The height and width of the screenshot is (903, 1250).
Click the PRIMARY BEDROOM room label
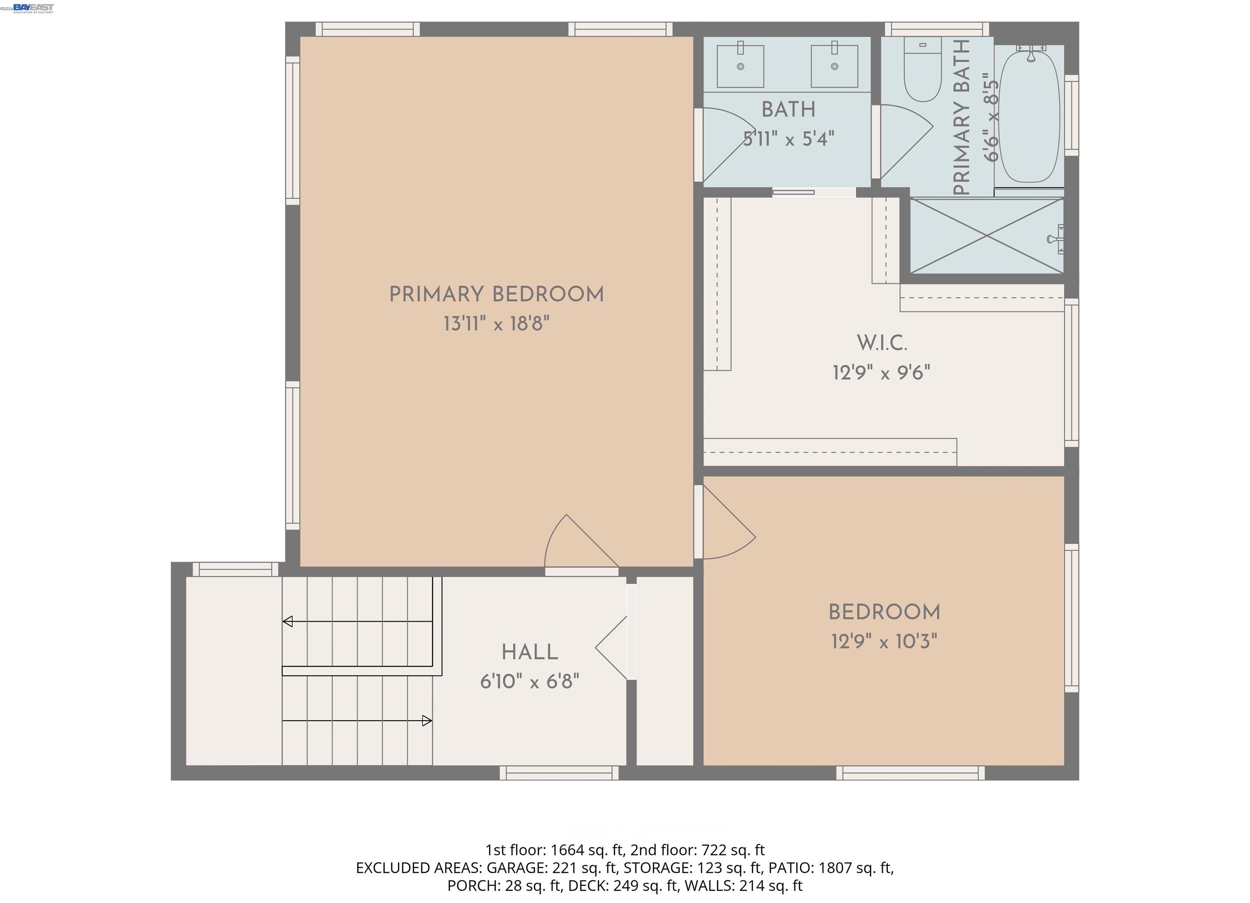click(496, 294)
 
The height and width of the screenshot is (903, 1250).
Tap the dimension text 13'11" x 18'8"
click(496, 324)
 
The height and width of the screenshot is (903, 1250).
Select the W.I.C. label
click(881, 343)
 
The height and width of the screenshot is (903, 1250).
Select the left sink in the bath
click(740, 66)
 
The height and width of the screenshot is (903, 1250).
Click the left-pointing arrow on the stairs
click(288, 622)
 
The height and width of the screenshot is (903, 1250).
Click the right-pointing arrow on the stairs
click(426, 721)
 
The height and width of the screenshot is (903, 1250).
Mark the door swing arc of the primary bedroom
click(573, 543)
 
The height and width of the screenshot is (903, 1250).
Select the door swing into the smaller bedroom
click(726, 526)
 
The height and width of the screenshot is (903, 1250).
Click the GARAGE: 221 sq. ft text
click(551, 868)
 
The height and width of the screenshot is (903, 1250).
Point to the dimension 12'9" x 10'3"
click(884, 642)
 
